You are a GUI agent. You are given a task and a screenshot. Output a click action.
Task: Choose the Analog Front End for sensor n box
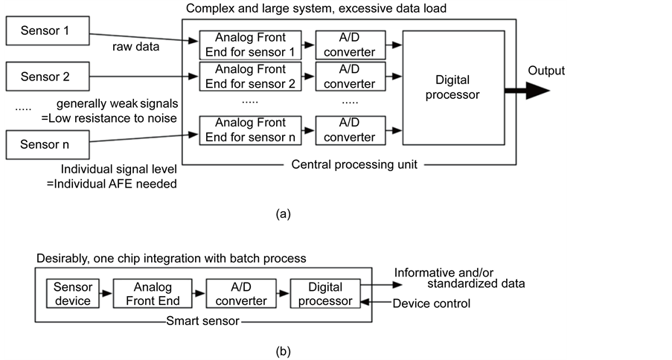tap(250, 130)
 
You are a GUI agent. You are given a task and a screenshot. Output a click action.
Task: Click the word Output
tap(546, 71)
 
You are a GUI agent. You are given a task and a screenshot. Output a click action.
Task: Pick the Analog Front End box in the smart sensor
tap(153, 294)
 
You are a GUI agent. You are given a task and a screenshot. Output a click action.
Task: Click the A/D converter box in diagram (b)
tap(237, 294)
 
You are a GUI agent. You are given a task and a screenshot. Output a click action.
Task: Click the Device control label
tap(432, 303)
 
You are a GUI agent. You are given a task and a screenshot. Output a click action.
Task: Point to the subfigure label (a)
tap(283, 214)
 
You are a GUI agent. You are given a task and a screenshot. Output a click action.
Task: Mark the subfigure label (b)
tap(283, 349)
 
